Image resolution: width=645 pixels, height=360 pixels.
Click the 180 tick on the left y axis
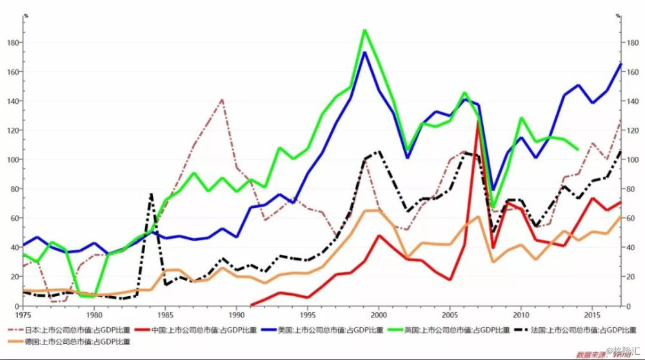(14, 43)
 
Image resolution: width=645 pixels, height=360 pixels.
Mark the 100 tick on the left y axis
(14, 159)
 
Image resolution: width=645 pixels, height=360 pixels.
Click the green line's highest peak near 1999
(364, 30)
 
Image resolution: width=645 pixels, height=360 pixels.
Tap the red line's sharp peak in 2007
(478, 122)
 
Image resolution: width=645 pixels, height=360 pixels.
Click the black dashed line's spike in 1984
(151, 194)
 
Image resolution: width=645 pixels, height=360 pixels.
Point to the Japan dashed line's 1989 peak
(223, 99)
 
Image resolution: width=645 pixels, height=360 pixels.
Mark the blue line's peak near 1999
(364, 52)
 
